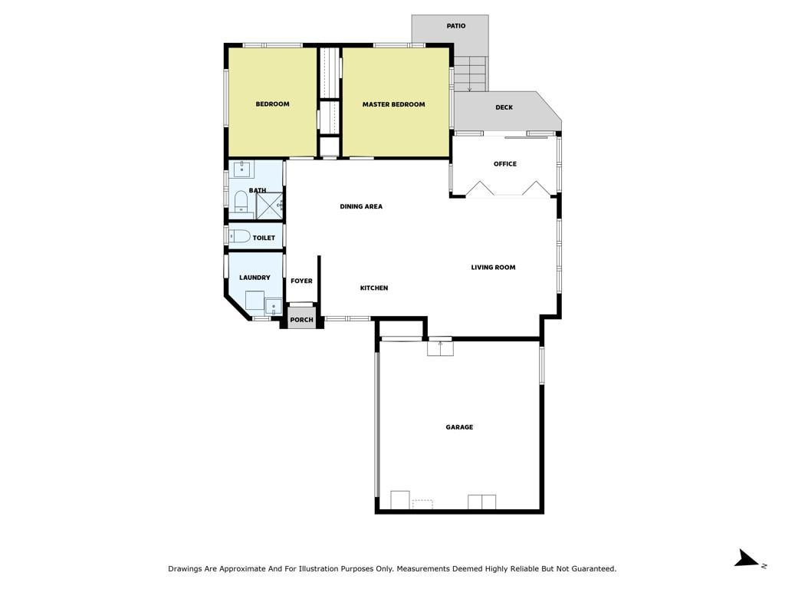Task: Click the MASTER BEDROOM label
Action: pyautogui.click(x=393, y=104)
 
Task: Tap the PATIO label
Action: pyautogui.click(x=456, y=25)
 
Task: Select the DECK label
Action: pyautogui.click(x=504, y=107)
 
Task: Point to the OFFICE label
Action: pyautogui.click(x=505, y=164)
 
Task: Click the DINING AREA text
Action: pyautogui.click(x=361, y=206)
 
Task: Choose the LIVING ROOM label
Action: pyautogui.click(x=493, y=268)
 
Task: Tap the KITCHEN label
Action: pyautogui.click(x=374, y=288)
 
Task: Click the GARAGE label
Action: pyautogui.click(x=460, y=427)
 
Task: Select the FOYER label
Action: pyautogui.click(x=301, y=281)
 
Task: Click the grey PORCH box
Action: pyautogui.click(x=302, y=318)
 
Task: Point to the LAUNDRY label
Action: pyautogui.click(x=255, y=278)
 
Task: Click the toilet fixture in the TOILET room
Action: pyautogui.click(x=239, y=236)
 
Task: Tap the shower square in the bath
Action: pyautogui.click(x=270, y=206)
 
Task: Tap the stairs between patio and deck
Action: pyautogui.click(x=470, y=74)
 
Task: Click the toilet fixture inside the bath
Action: pyautogui.click(x=241, y=202)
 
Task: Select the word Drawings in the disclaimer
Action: pyautogui.click(x=184, y=569)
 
